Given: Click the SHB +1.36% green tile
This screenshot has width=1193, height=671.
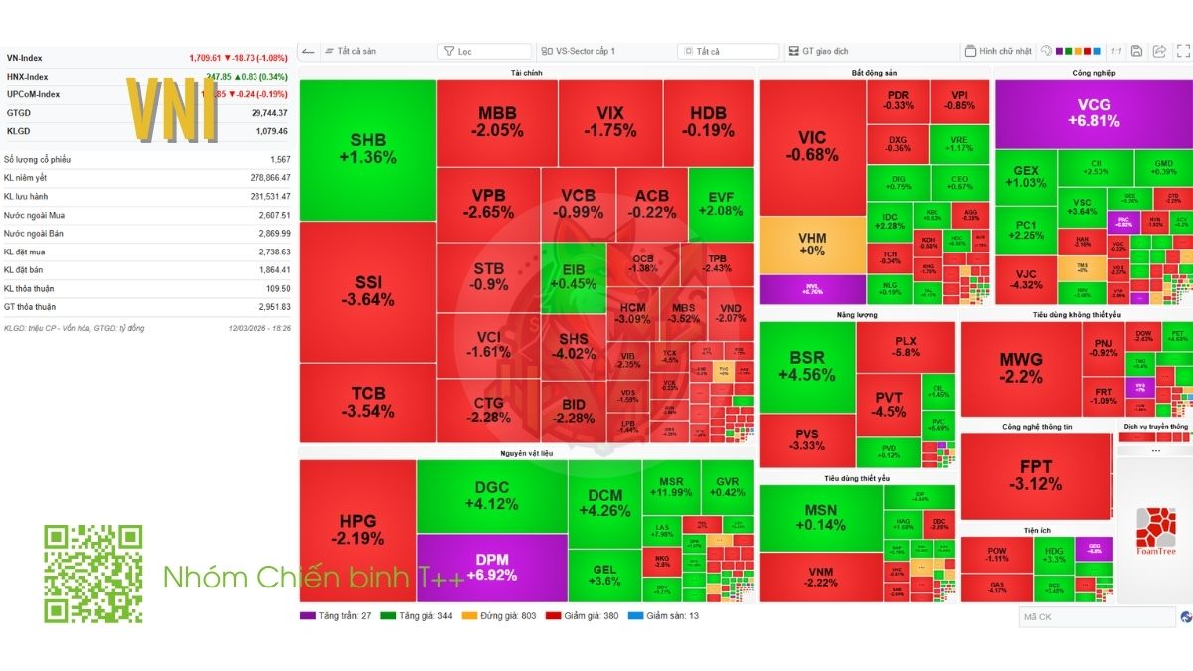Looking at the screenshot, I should pyautogui.click(x=367, y=149).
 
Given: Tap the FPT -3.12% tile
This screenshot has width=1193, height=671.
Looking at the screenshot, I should pyautogui.click(x=1035, y=475).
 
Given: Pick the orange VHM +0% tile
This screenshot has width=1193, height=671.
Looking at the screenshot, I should pyautogui.click(x=812, y=245).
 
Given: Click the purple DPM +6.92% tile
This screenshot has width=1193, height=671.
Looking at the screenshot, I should pyautogui.click(x=491, y=568).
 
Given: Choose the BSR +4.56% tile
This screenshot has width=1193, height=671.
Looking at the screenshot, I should pyautogui.click(x=806, y=366).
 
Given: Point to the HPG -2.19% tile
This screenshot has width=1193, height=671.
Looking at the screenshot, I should pyautogui.click(x=358, y=530).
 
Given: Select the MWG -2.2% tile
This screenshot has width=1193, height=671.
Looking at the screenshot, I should pyautogui.click(x=1020, y=368).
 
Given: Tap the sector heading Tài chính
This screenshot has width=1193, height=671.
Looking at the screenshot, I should pyautogui.click(x=526, y=73).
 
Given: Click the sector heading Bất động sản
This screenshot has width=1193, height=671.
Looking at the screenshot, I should pyautogui.click(x=874, y=73).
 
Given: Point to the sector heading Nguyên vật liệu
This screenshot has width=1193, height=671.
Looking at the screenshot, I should pyautogui.click(x=526, y=453).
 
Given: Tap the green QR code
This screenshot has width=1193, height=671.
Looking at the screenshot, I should pyautogui.click(x=92, y=574).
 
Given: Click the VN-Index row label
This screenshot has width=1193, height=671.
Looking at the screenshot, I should pyautogui.click(x=25, y=58).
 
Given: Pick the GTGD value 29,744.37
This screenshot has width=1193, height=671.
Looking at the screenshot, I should pyautogui.click(x=268, y=113).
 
